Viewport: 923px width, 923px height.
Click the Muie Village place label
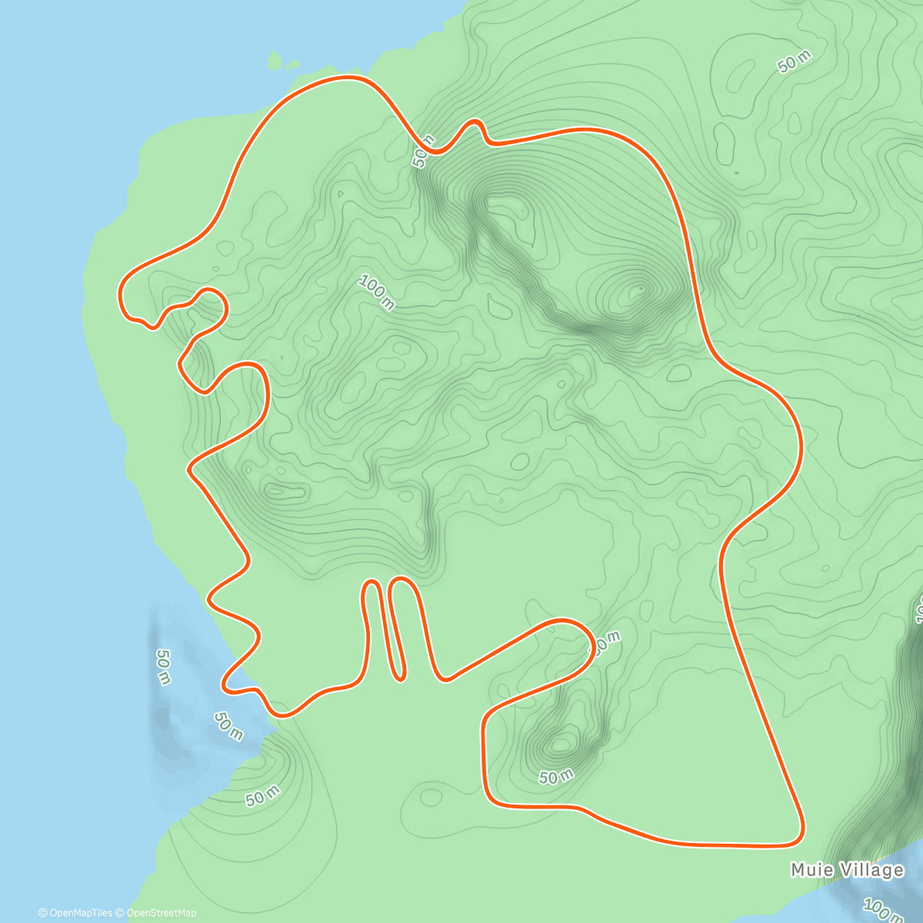[x=847, y=870]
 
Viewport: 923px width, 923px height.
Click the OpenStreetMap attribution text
[x=161, y=913]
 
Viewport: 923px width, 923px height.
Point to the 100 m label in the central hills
[x=376, y=293]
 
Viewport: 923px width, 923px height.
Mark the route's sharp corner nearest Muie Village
[x=800, y=840]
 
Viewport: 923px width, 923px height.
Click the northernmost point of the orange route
[x=348, y=77]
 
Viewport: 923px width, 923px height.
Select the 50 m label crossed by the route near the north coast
[x=423, y=150]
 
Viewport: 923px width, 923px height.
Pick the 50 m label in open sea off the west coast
[x=163, y=666]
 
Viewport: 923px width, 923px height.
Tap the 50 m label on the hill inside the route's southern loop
[x=556, y=777]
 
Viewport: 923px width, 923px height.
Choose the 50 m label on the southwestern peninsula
[x=263, y=797]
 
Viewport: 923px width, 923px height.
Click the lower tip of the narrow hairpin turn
[x=399, y=677]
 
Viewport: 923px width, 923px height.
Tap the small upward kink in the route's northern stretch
[x=474, y=124]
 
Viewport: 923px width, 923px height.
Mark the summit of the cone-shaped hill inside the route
[x=638, y=291]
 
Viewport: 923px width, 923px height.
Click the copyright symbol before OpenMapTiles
[x=42, y=913]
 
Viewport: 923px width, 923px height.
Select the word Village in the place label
[x=871, y=870]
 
